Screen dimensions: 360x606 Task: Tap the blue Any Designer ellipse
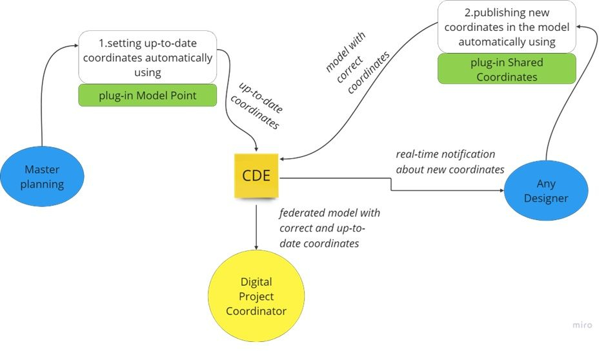pyautogui.click(x=545, y=192)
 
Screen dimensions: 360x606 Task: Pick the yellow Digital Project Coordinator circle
pyautogui.click(x=256, y=296)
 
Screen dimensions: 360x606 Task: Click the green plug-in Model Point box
pyautogui.click(x=147, y=95)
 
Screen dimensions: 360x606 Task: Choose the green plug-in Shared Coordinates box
pyautogui.click(x=506, y=70)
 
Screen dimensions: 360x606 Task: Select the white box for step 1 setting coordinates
pyautogui.click(x=147, y=57)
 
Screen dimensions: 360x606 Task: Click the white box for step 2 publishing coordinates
pyautogui.click(x=506, y=26)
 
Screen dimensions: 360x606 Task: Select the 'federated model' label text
pyautogui.click(x=329, y=228)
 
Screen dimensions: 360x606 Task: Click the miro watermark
pyautogui.click(x=581, y=325)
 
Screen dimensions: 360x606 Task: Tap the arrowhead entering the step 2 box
pyautogui.click(x=580, y=25)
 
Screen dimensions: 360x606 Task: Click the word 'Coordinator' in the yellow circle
pyautogui.click(x=256, y=311)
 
